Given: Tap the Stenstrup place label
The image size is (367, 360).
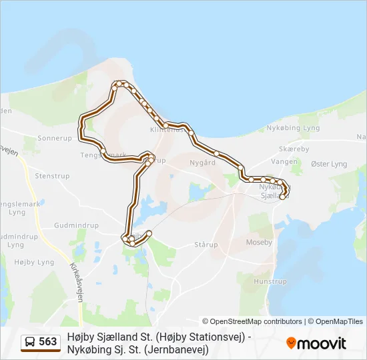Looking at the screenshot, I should [x=52, y=177].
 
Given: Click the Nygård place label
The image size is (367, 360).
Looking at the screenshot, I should [x=202, y=162].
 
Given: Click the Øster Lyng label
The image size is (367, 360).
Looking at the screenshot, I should [x=329, y=164].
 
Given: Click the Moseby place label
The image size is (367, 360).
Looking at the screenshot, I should [x=259, y=242].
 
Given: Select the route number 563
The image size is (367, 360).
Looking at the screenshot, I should [x=48, y=342].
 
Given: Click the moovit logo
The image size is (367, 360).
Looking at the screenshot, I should [x=316, y=343].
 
